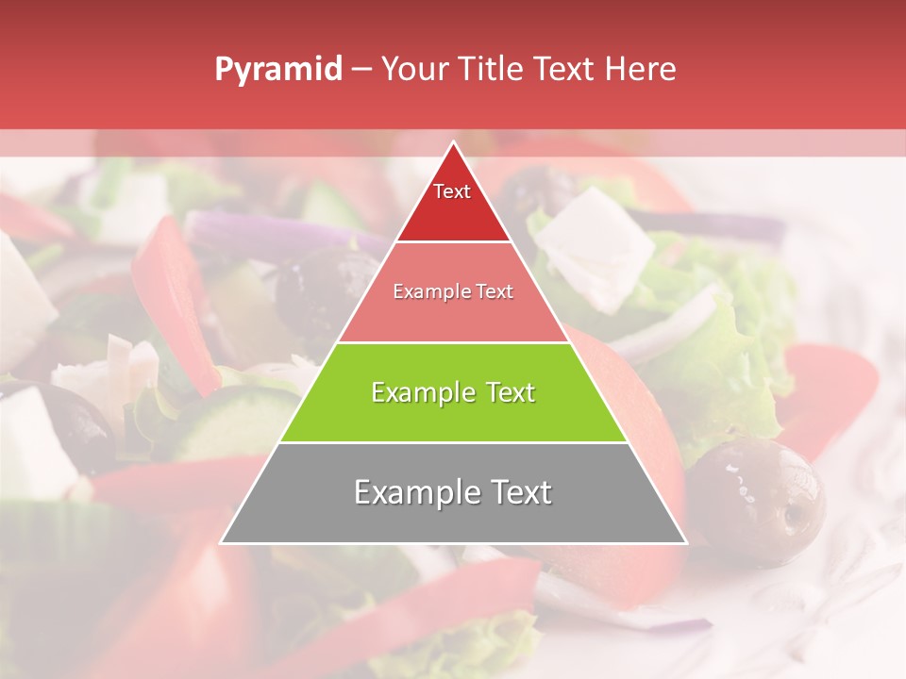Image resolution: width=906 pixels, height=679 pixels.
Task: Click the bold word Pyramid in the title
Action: click(277, 70)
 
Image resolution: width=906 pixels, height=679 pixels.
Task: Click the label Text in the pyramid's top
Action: click(452, 191)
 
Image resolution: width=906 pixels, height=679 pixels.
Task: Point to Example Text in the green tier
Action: click(453, 392)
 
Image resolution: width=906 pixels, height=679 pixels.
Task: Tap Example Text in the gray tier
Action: click(453, 492)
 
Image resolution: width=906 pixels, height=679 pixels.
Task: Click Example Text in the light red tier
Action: click(453, 291)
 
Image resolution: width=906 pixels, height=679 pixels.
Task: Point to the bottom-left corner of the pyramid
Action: click(222, 542)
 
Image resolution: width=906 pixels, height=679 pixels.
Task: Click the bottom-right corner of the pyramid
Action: click(686, 542)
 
